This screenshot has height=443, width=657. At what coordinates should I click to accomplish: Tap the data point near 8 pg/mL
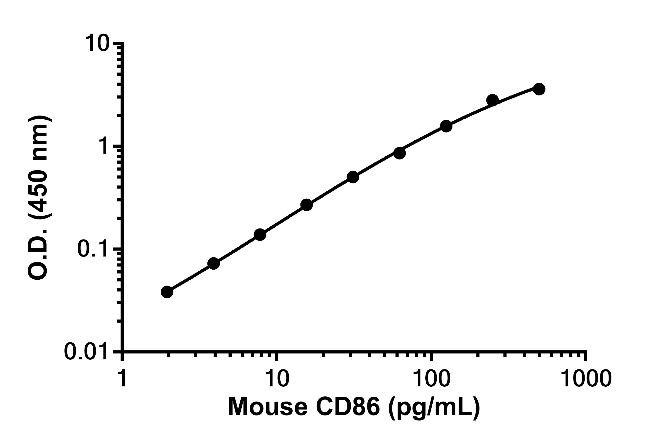[260, 234]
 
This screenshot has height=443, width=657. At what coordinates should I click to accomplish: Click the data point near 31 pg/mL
[353, 177]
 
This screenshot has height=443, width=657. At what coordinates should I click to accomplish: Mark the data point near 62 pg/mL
[399, 153]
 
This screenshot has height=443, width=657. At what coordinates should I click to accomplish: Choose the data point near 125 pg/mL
[446, 126]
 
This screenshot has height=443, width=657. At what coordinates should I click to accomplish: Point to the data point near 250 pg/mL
[492, 100]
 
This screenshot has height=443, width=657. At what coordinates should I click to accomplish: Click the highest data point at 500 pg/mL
[539, 89]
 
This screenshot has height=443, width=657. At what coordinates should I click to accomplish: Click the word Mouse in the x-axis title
[267, 407]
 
